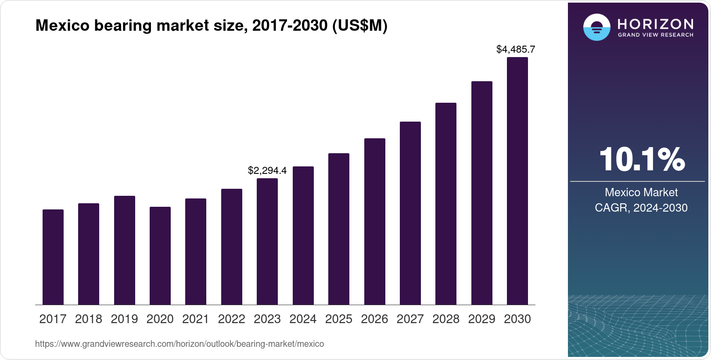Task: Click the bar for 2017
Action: coord(53,257)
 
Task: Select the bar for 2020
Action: coord(160,256)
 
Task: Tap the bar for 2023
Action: coord(267,241)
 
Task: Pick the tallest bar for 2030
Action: coord(517,181)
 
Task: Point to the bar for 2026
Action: coord(375,222)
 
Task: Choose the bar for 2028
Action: coord(446,204)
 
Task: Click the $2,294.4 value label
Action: coord(267,170)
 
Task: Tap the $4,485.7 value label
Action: coord(516,49)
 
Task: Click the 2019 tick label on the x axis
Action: coord(124,319)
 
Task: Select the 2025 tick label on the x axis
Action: coord(339,319)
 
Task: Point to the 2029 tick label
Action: coord(481,319)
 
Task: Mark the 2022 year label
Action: coord(231,319)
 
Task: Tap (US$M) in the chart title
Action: coord(360,25)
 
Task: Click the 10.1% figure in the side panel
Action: coord(642,159)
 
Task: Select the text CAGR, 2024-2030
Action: coord(641,208)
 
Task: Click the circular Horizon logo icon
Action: coord(596,27)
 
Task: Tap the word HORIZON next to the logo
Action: coord(655,24)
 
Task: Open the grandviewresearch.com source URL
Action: coord(180,344)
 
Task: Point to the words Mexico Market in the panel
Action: coord(641,192)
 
